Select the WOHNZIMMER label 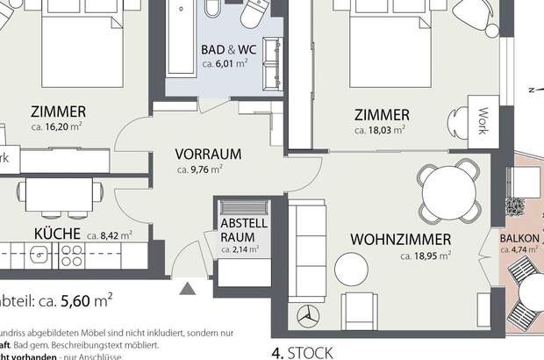(400, 239)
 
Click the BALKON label (519, 239)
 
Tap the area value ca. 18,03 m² (379, 130)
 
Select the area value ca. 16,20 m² (59, 126)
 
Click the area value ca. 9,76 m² (199, 169)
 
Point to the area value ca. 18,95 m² (426, 256)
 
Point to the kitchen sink (40, 255)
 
